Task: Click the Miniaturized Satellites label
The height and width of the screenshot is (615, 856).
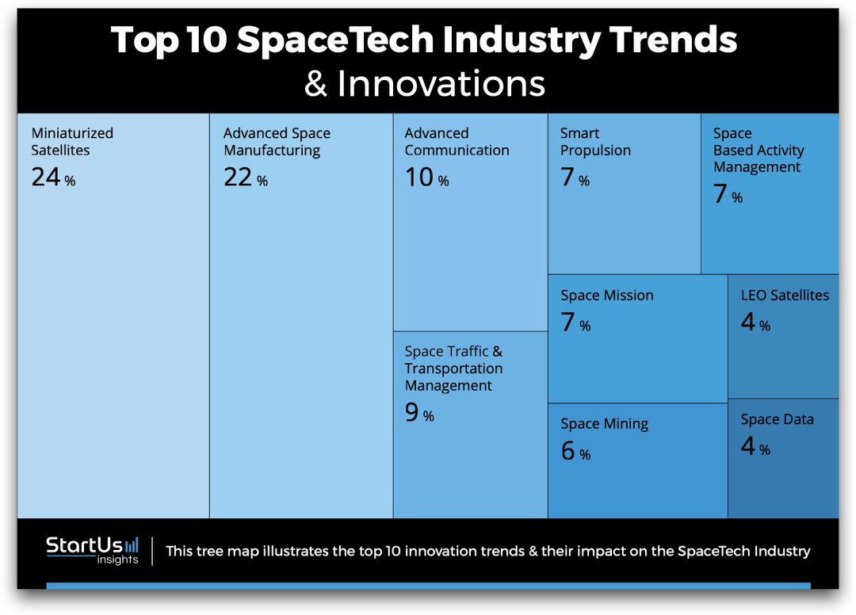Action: (x=72, y=142)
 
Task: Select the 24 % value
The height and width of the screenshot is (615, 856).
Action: (x=53, y=178)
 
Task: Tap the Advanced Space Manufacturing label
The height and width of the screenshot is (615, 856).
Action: (x=277, y=142)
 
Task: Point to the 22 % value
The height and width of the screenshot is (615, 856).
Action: (x=245, y=178)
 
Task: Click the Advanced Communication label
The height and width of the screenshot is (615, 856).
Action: (x=457, y=142)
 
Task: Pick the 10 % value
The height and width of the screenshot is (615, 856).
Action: (x=426, y=178)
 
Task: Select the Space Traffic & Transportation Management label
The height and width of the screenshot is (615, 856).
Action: (x=453, y=369)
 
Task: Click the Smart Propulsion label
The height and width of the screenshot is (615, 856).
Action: (x=595, y=142)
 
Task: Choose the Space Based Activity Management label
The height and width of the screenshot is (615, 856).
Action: (x=758, y=151)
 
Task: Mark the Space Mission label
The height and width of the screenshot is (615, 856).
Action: (x=607, y=296)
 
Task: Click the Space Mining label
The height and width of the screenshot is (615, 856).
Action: (x=604, y=424)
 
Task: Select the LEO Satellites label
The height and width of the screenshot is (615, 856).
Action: (x=785, y=296)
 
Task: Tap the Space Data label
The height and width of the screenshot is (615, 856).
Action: (x=777, y=420)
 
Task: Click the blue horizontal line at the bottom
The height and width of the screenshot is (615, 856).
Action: (x=428, y=586)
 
